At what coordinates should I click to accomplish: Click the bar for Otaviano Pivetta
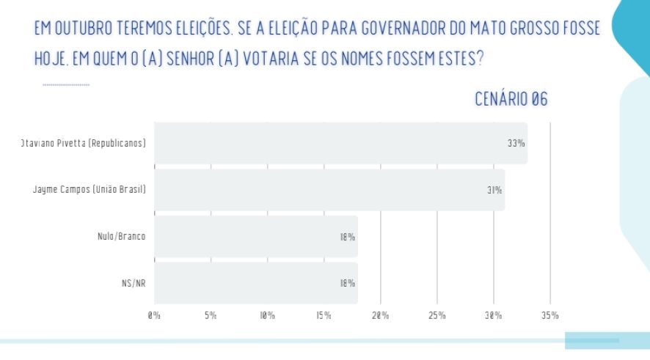click(x=340, y=143)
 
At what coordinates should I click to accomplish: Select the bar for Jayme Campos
click(x=329, y=190)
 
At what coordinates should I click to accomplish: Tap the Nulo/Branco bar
click(x=256, y=237)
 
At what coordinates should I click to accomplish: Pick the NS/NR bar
click(x=256, y=283)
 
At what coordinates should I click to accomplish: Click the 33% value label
click(x=516, y=143)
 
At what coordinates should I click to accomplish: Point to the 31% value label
click(x=494, y=190)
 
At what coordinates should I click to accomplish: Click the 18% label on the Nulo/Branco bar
click(x=347, y=237)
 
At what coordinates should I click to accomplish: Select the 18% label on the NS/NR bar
click(x=347, y=283)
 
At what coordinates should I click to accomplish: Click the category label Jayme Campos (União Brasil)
click(x=90, y=190)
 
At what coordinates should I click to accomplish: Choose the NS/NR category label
click(x=134, y=283)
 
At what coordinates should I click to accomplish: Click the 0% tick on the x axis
click(x=154, y=316)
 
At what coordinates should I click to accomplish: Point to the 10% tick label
click(x=267, y=316)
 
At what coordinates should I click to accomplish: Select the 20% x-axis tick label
click(x=380, y=316)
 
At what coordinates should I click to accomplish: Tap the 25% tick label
click(x=437, y=316)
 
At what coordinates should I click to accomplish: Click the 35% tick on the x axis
click(x=549, y=316)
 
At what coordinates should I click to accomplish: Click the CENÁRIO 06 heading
click(x=511, y=100)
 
